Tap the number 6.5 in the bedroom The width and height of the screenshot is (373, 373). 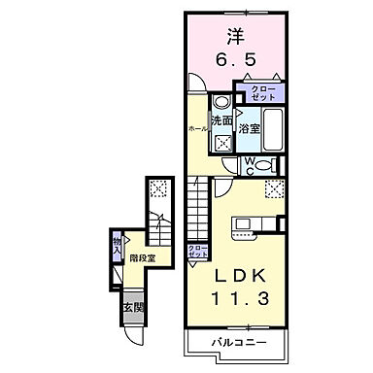click(x=235, y=61)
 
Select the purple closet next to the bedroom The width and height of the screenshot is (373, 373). click(x=266, y=92)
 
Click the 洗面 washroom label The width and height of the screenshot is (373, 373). click(x=220, y=121)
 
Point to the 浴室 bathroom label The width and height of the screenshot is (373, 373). click(x=248, y=128)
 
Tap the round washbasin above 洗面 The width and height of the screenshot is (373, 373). click(x=220, y=102)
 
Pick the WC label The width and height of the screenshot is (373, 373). click(x=249, y=165)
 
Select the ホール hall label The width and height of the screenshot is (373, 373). click(x=196, y=127)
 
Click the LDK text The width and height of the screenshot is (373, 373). click(x=236, y=276)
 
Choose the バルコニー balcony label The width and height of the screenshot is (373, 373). click(x=236, y=343)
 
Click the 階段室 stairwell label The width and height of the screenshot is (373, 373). click(x=145, y=256)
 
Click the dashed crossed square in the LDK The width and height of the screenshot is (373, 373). click(x=273, y=189)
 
